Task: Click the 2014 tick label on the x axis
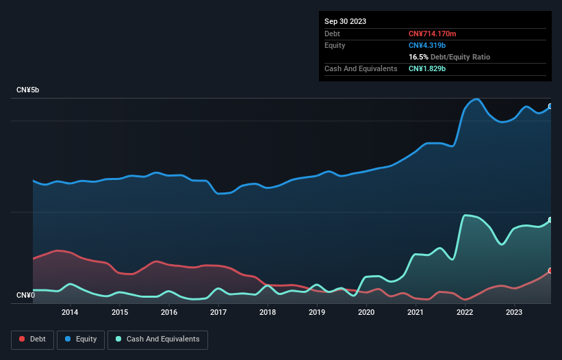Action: [x=69, y=313]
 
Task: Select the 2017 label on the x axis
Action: [x=218, y=313]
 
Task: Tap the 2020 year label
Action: [x=366, y=313]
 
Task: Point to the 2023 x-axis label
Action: [x=514, y=313]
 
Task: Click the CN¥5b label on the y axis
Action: [x=29, y=90]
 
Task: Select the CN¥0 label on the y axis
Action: [x=26, y=295]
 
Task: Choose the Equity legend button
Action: [x=81, y=339]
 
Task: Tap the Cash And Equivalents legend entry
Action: [x=157, y=339]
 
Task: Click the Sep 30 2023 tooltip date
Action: [x=345, y=21]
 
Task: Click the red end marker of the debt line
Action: [x=550, y=271]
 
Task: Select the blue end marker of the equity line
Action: [x=550, y=107]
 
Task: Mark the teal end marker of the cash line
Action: [x=550, y=220]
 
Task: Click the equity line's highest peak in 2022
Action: [x=476, y=99]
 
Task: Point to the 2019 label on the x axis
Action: [x=317, y=313]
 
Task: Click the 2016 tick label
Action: [x=169, y=313]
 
